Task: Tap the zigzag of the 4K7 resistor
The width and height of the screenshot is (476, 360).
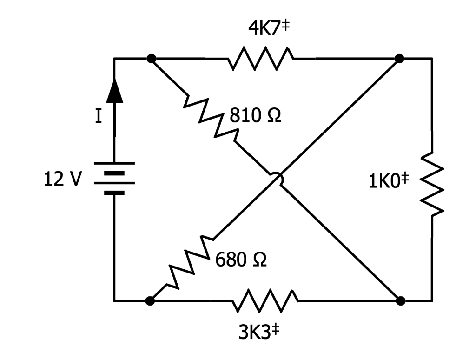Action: [260, 59]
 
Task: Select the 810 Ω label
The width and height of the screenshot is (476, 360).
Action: [255, 116]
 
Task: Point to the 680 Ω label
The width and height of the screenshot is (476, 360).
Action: [241, 260]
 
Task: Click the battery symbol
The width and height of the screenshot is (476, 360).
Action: [114, 179]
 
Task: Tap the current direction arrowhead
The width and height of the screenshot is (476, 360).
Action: [114, 91]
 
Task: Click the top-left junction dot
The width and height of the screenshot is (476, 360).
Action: [151, 59]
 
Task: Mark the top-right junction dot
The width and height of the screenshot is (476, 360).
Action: [399, 59]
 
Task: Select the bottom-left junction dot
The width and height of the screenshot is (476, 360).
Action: [150, 301]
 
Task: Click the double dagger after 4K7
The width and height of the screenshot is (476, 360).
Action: [286, 26]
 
